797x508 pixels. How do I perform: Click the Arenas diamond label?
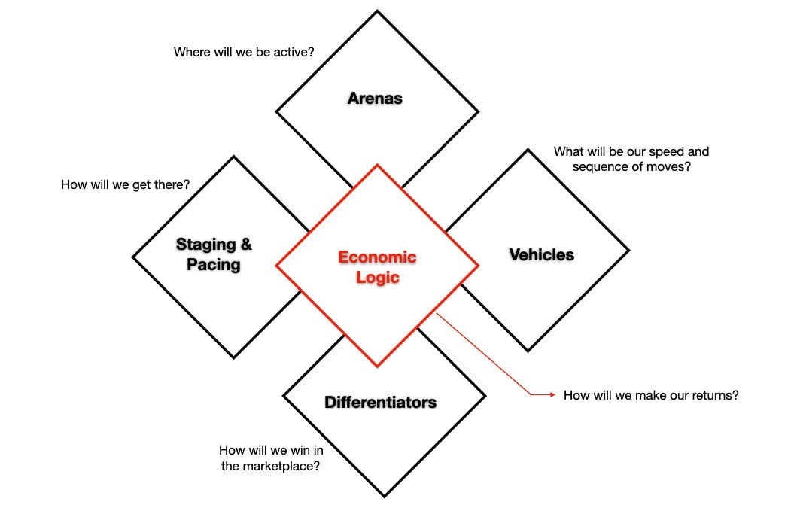[x=375, y=98]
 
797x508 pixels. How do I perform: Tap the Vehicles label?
[x=541, y=254]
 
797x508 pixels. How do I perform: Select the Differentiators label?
[x=380, y=402]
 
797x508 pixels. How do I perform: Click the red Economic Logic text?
[x=377, y=266]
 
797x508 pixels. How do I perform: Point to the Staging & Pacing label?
[x=214, y=254]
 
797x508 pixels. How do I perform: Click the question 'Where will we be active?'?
[x=244, y=53]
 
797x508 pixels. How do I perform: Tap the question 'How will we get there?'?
[x=125, y=184]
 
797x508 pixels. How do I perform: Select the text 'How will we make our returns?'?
[x=651, y=394]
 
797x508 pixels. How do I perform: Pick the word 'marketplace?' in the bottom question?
[x=281, y=466]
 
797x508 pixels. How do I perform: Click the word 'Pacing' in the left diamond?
[x=214, y=265]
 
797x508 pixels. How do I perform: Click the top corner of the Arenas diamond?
[x=377, y=11]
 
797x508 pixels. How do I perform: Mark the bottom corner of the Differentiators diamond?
[x=384, y=497]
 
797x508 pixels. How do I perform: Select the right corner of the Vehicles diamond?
[x=628, y=250]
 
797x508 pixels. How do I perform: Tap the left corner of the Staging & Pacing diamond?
[x=133, y=257]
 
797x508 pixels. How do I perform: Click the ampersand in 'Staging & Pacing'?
[x=245, y=245]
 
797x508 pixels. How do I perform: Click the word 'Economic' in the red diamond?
[x=377, y=257]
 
